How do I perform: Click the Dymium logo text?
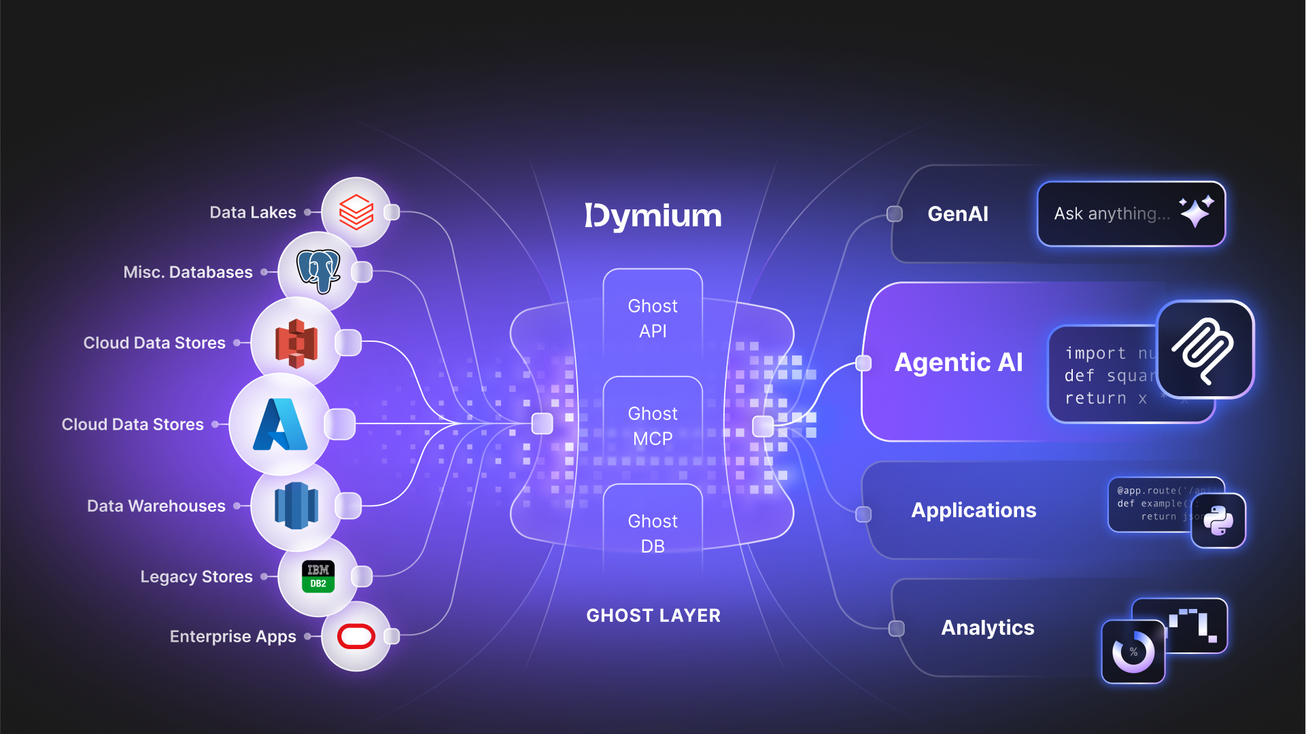point(653,216)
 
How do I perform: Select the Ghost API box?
point(653,318)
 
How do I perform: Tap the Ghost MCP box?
point(653,426)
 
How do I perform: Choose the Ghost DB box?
point(653,534)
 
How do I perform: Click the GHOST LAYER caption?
point(653,616)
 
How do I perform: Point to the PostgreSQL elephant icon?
point(318,271)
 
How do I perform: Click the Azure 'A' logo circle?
point(280,424)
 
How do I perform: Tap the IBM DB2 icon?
point(318,576)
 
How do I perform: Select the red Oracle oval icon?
point(356,637)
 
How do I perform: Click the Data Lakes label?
point(252,213)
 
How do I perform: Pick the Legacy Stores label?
point(196,577)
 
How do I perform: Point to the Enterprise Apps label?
point(233,637)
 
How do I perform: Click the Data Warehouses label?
point(156,506)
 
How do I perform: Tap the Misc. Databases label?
point(188,273)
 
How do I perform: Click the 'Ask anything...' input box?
point(1112,214)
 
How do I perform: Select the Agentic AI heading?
point(958,362)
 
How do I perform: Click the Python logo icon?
point(1218,521)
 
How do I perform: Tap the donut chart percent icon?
point(1133,652)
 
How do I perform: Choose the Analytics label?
point(987,628)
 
